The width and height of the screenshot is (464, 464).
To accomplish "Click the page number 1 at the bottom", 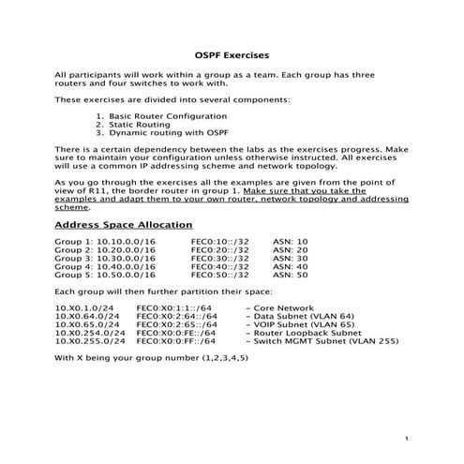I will point(408,438).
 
